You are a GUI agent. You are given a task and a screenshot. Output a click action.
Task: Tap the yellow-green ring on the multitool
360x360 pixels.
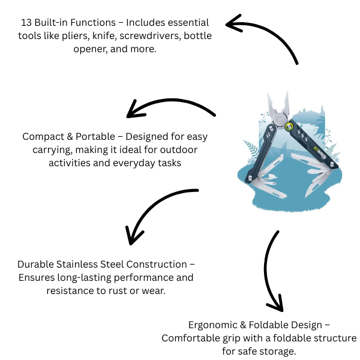coord(289,127)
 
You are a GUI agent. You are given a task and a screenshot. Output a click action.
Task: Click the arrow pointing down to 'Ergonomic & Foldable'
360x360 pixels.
coord(273,270)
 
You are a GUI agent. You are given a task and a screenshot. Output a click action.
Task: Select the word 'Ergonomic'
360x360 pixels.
coord(214,325)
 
